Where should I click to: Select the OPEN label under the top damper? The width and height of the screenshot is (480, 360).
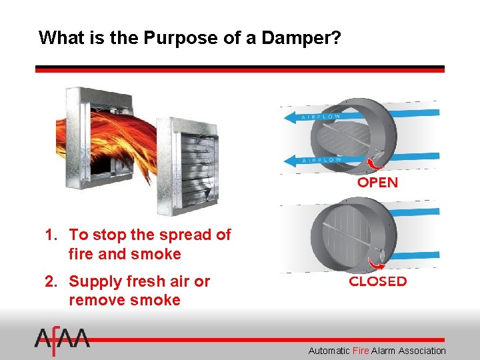[377, 183]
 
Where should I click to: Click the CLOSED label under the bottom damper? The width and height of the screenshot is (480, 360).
[377, 281]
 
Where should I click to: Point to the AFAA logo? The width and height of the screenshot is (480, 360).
[62, 341]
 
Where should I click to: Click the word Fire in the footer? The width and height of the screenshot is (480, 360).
[360, 350]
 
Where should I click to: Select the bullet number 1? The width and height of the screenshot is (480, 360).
[50, 235]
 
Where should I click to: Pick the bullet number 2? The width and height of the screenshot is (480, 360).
[50, 281]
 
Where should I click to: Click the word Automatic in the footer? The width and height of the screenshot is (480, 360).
[329, 350]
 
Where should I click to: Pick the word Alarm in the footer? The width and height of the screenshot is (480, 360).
[383, 350]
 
